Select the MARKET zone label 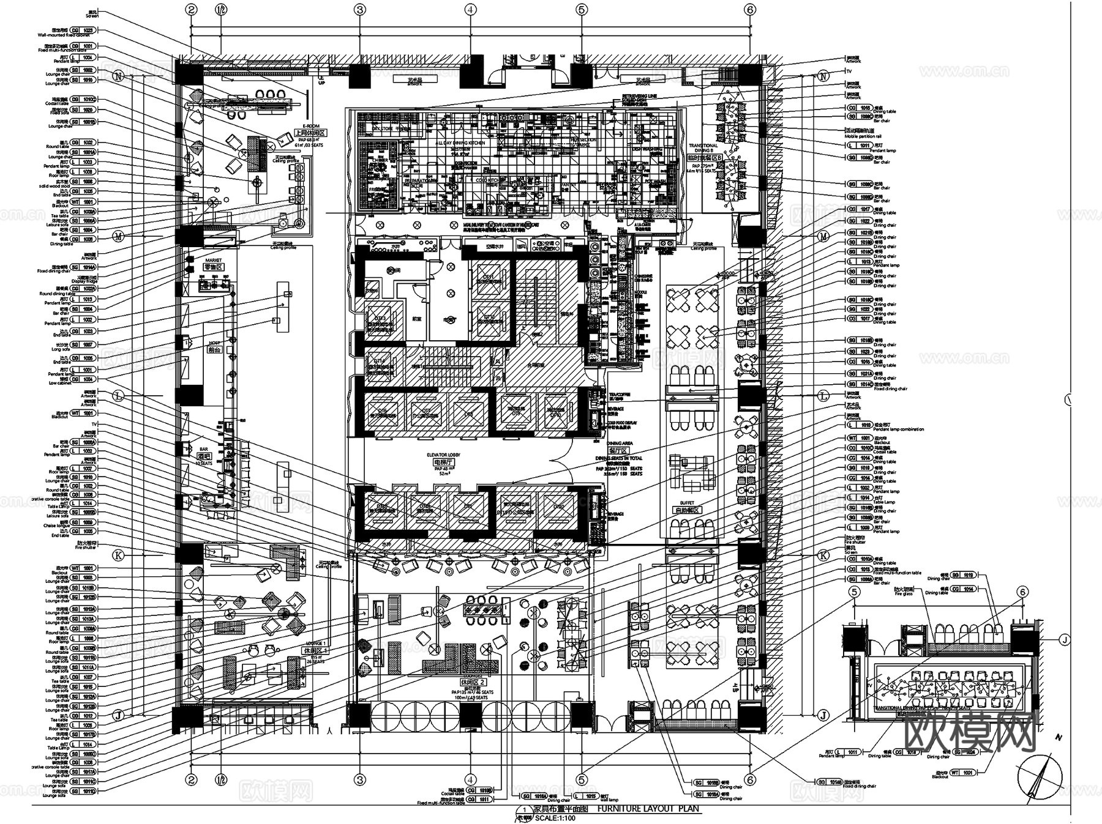tap(213, 261)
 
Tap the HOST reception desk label tap(214, 343)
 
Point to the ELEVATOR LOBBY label tap(443, 455)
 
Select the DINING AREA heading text tap(620, 443)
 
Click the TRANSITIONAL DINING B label tap(703, 147)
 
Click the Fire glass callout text tap(903, 593)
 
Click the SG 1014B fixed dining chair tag tap(833, 782)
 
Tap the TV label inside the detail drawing tap(869, 686)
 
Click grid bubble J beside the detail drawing tap(1065, 640)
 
